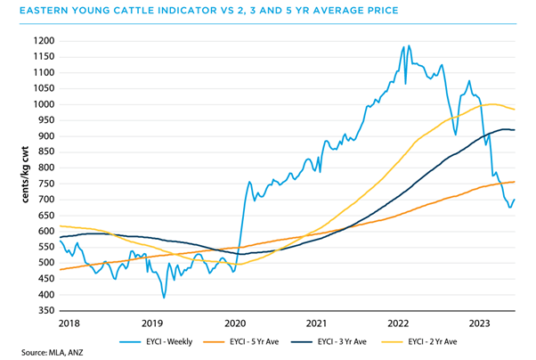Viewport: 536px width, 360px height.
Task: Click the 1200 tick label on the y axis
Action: coord(43,41)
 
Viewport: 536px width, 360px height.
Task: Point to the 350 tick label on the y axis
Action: coord(45,310)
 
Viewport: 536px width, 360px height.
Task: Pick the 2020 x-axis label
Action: coord(233,323)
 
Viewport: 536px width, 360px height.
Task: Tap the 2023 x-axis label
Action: coord(479,323)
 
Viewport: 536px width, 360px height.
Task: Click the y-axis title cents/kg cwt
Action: coord(15,176)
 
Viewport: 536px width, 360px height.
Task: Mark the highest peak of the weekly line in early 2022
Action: coord(407,45)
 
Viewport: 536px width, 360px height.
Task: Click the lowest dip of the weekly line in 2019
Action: coord(164,298)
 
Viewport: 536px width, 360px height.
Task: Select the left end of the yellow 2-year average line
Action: coord(59,225)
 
